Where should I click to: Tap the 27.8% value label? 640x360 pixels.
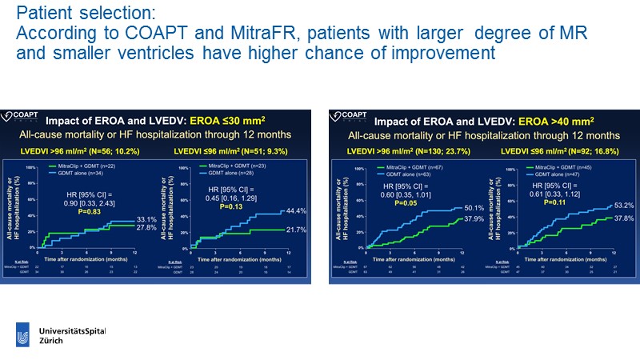point(146,229)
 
